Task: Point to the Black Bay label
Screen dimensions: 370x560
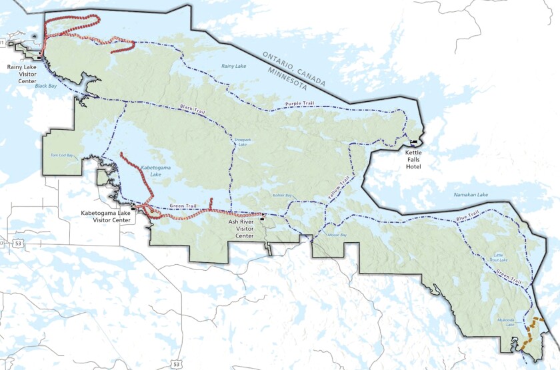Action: [x=46, y=86]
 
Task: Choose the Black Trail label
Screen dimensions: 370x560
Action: [x=191, y=108]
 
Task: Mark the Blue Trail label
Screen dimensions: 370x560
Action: [x=467, y=216]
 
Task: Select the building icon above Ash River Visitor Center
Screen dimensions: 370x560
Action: [x=262, y=216]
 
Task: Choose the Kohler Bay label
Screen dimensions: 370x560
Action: [x=282, y=196]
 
